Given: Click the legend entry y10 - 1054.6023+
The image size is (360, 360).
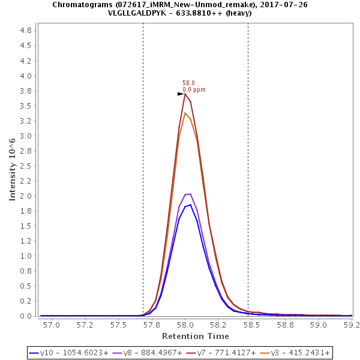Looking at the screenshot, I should coord(60,353).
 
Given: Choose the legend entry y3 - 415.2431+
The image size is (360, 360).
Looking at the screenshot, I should coord(298,353).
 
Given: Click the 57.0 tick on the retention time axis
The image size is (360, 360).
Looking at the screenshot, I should coord(53,325).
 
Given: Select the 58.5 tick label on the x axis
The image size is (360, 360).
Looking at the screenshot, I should coord(251,325).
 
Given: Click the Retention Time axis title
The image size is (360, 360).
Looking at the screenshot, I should coord(195,335).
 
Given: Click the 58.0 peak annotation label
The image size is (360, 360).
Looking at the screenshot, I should coord(188,83).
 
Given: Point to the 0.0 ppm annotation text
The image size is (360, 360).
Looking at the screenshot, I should coord(194,90).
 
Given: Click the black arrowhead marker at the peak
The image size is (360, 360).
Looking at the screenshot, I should coord(181,94).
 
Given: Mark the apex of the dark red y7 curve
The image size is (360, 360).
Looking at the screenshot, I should coord(185,94).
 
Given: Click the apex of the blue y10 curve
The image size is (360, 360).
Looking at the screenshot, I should coord(191,205).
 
